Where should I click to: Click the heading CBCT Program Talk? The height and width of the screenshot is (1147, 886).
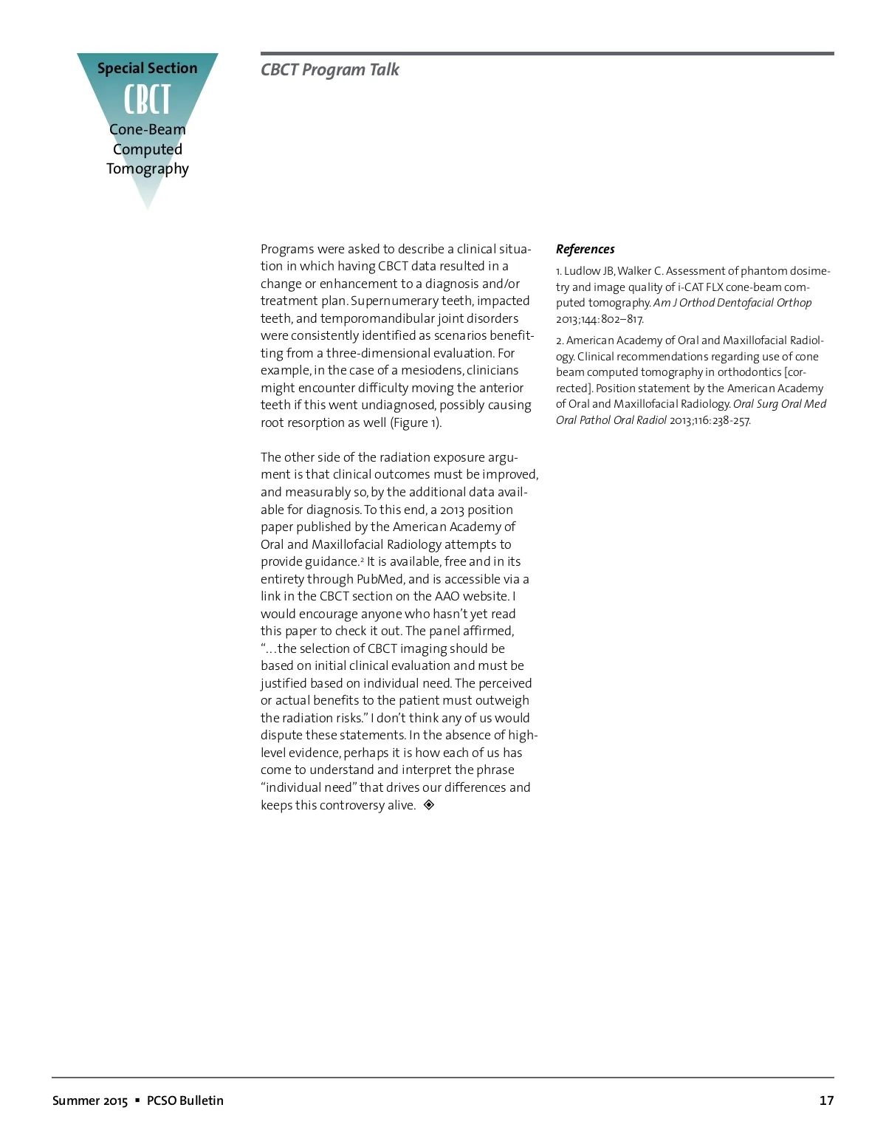click(329, 69)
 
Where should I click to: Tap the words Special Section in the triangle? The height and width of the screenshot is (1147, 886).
click(147, 68)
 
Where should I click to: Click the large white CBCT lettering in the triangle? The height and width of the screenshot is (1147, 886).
click(147, 100)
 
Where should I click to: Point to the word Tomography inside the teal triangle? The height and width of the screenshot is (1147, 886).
click(147, 168)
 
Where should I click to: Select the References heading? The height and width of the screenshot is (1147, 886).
click(585, 249)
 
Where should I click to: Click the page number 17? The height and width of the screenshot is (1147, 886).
click(826, 1100)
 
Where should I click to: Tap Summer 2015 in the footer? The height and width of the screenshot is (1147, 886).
click(89, 1100)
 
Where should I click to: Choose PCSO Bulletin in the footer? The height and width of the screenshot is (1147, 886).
click(185, 1100)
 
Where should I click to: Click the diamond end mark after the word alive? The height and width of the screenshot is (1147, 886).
click(429, 804)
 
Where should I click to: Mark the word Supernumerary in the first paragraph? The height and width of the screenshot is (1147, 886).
click(386, 301)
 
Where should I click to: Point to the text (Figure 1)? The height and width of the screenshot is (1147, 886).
click(415, 422)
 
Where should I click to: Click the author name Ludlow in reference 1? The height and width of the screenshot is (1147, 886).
click(583, 271)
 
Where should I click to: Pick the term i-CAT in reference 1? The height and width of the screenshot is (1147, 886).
click(692, 287)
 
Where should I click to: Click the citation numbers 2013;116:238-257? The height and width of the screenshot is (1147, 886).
click(710, 420)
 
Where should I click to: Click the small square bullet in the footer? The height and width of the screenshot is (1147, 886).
click(137, 1100)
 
